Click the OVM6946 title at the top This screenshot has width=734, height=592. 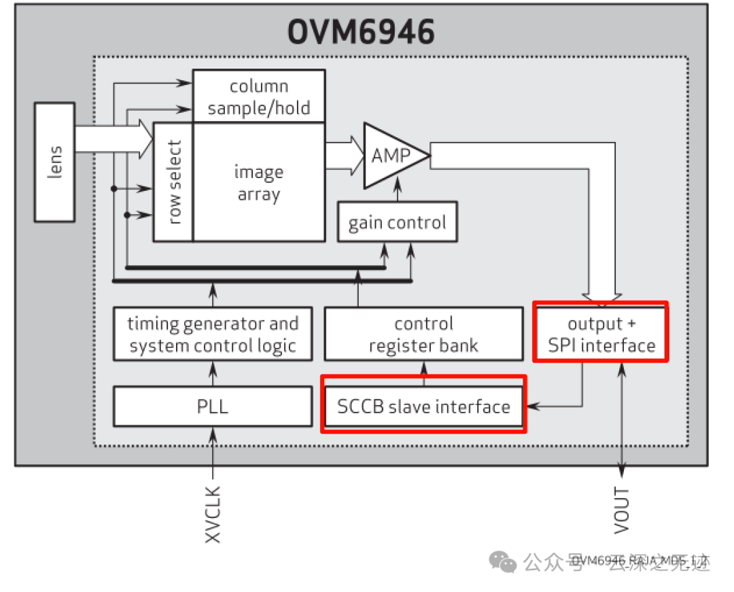[x=360, y=32]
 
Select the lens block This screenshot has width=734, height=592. [x=54, y=162]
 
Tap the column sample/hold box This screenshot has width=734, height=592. [x=259, y=97]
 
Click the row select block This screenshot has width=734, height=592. [x=174, y=181]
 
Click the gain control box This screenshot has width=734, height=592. [x=397, y=222]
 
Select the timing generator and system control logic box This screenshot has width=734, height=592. [x=213, y=334]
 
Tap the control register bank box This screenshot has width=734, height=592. [x=423, y=334]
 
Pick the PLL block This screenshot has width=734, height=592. [x=213, y=407]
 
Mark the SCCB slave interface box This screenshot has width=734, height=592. [x=423, y=407]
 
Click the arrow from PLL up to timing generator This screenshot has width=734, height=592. [x=213, y=373]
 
